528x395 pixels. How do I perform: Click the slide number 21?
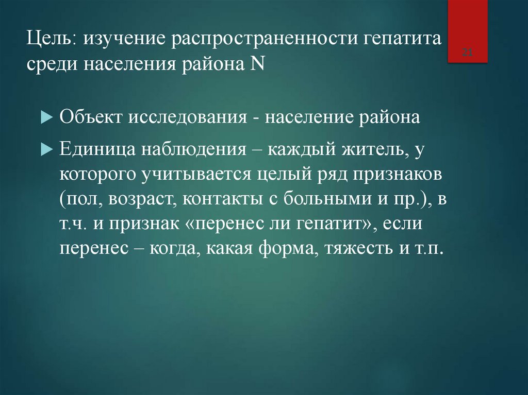[x=468, y=52]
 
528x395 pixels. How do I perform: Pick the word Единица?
[x=95, y=150]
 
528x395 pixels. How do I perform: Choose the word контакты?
[x=217, y=200]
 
